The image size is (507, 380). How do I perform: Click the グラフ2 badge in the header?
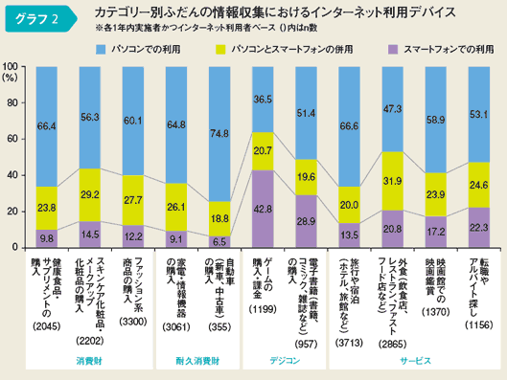(36, 17)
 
